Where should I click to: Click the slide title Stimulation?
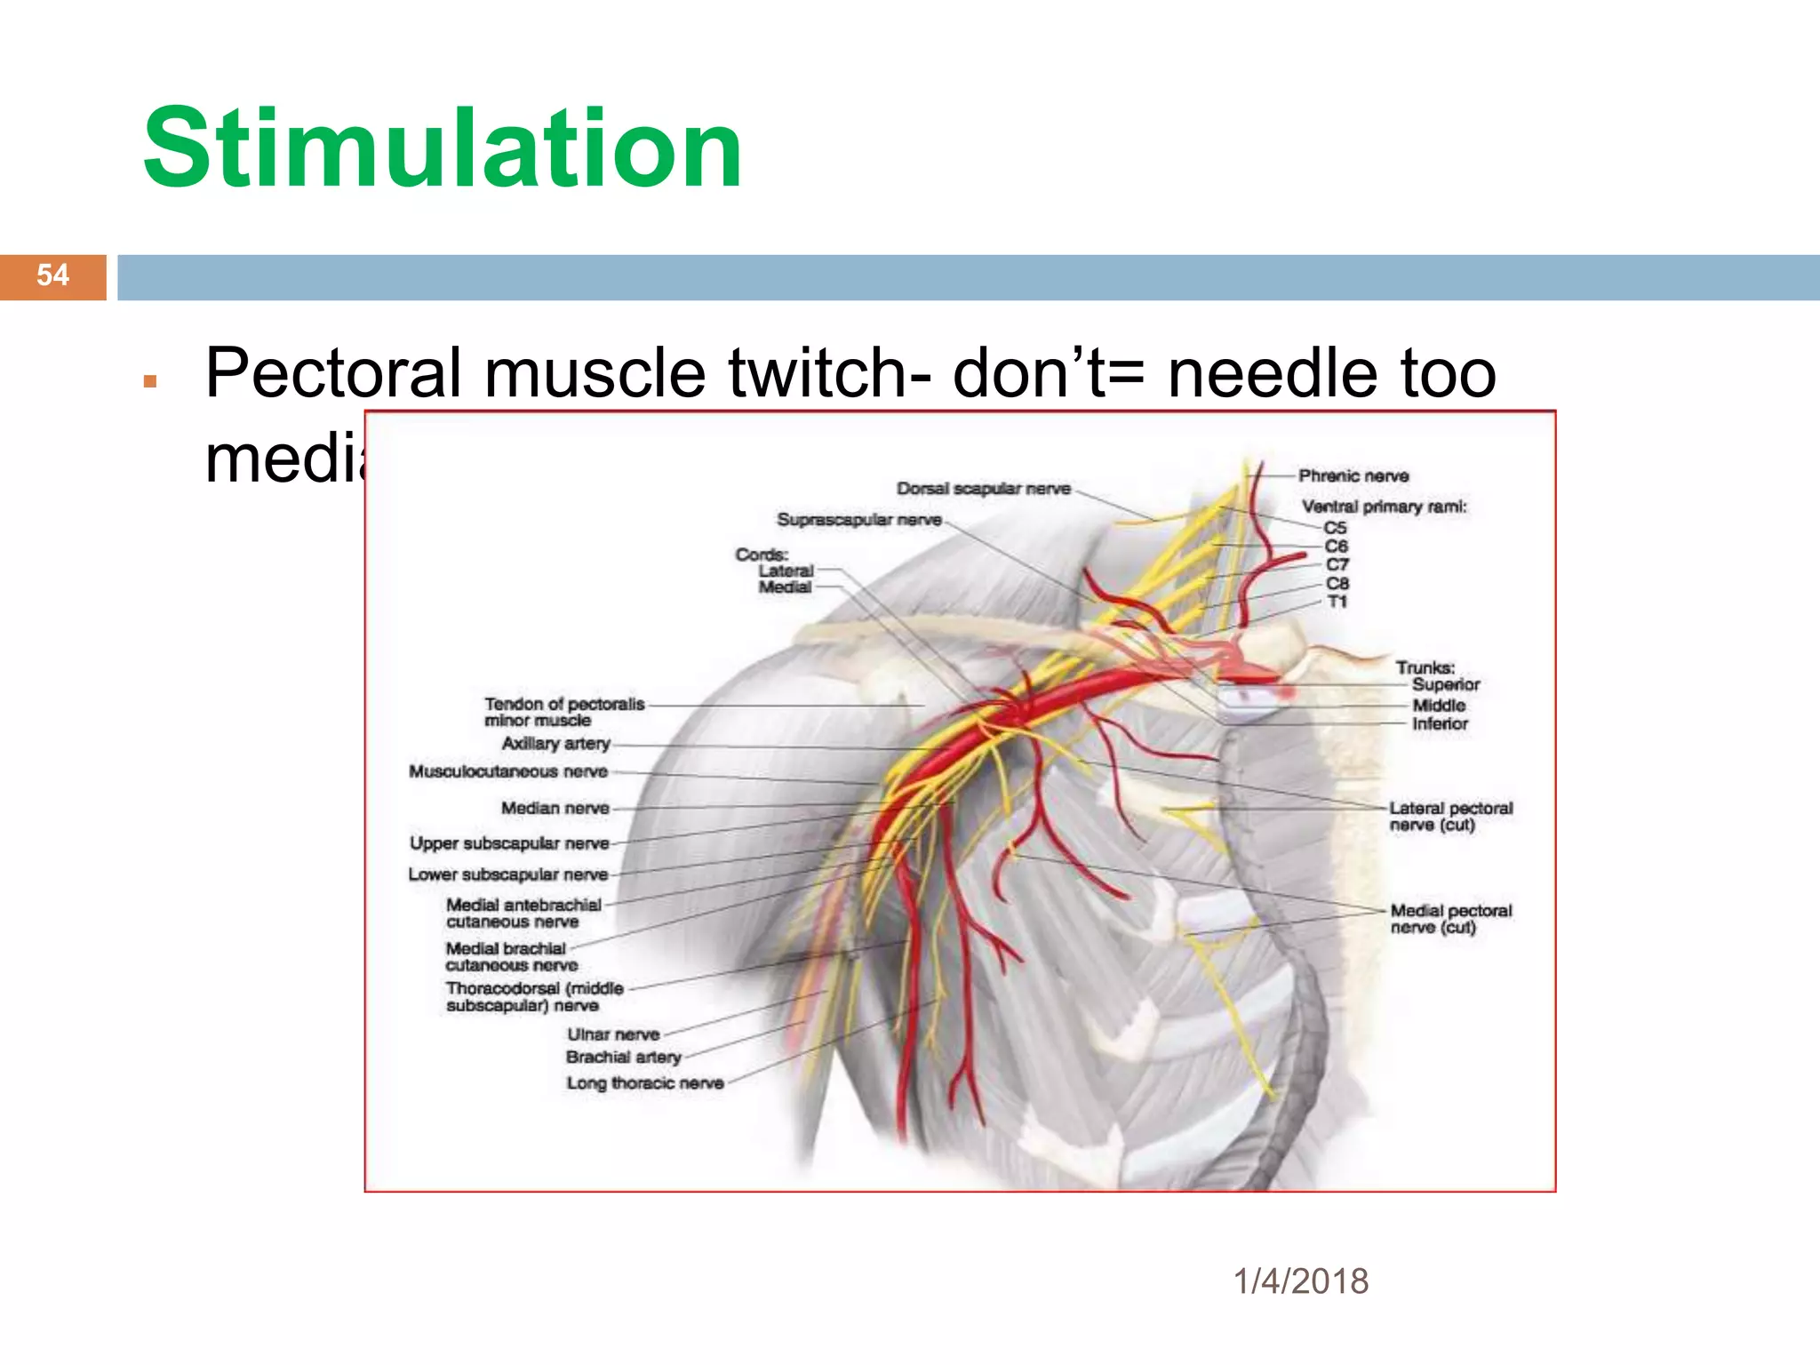coord(442,149)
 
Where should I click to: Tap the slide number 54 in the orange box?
coord(52,275)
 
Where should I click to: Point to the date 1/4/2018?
coord(1301,1281)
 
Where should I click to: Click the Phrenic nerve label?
coord(1353,476)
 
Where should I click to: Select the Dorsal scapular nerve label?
coord(983,489)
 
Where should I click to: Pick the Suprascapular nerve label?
coord(858,520)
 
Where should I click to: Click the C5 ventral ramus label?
coord(1335,528)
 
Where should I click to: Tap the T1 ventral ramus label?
coord(1337,603)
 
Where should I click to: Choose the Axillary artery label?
coord(555,744)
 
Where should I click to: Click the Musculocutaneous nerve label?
coord(507,771)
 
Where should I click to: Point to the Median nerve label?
coord(555,809)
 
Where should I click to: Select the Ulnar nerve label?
coord(613,1034)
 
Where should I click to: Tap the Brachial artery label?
coord(623,1058)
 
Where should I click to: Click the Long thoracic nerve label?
coord(645,1083)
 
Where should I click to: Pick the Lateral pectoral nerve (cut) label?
coord(1450,817)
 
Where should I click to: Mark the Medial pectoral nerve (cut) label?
coord(1450,919)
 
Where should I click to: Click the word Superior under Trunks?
coord(1446,685)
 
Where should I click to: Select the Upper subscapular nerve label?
coord(509,843)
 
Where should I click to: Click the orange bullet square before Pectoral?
coord(150,382)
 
